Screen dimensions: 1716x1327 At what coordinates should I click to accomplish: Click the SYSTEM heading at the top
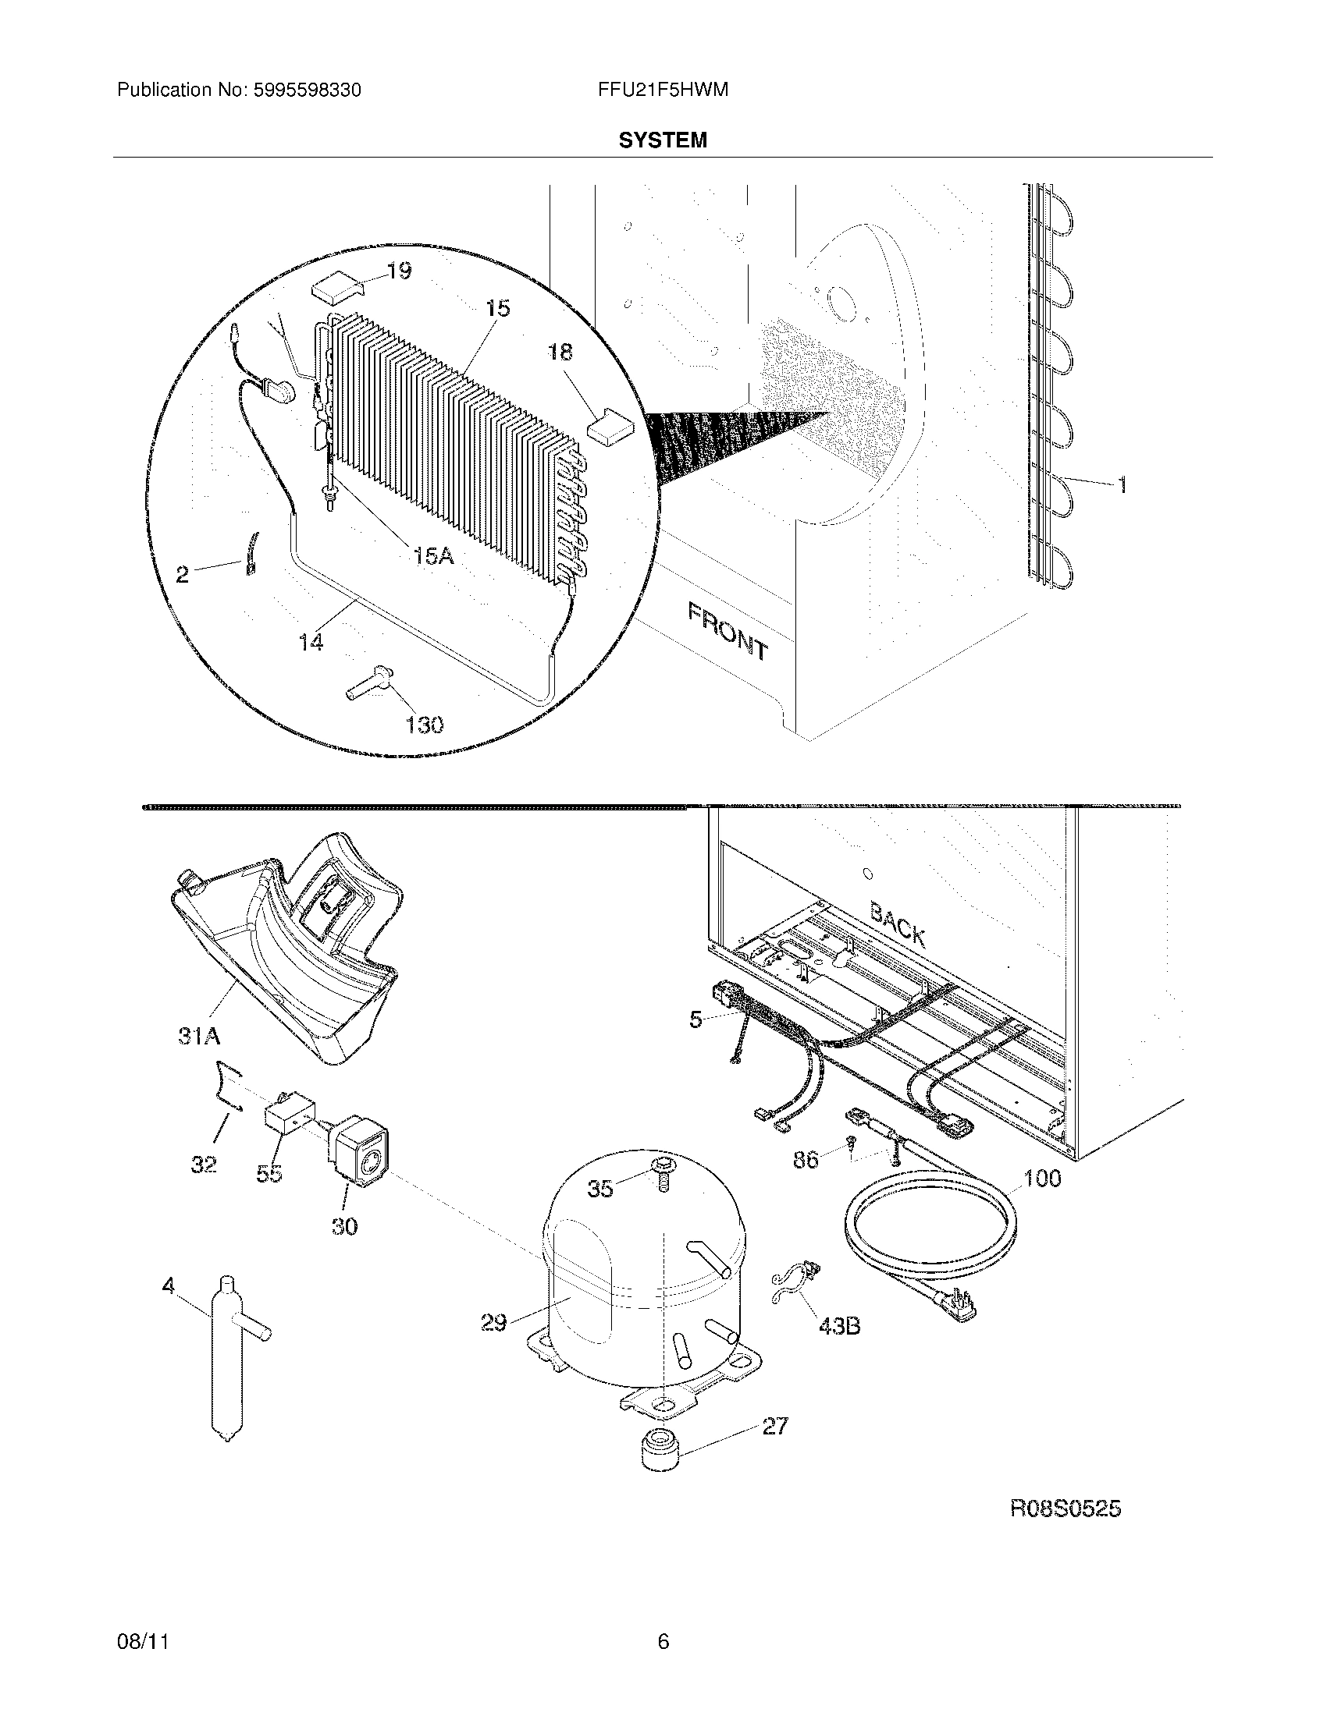(x=662, y=140)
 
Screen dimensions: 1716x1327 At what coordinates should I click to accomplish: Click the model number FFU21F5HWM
(x=662, y=90)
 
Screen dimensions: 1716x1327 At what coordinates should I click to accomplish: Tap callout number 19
(x=398, y=272)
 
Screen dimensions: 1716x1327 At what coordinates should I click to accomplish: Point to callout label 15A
(x=433, y=556)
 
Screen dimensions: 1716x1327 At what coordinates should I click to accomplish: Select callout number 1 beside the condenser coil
(x=1122, y=486)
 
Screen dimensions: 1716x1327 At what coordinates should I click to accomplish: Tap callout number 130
(x=424, y=724)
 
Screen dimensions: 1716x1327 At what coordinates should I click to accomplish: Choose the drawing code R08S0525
(x=1065, y=1509)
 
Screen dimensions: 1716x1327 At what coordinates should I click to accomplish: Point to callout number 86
(x=806, y=1159)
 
